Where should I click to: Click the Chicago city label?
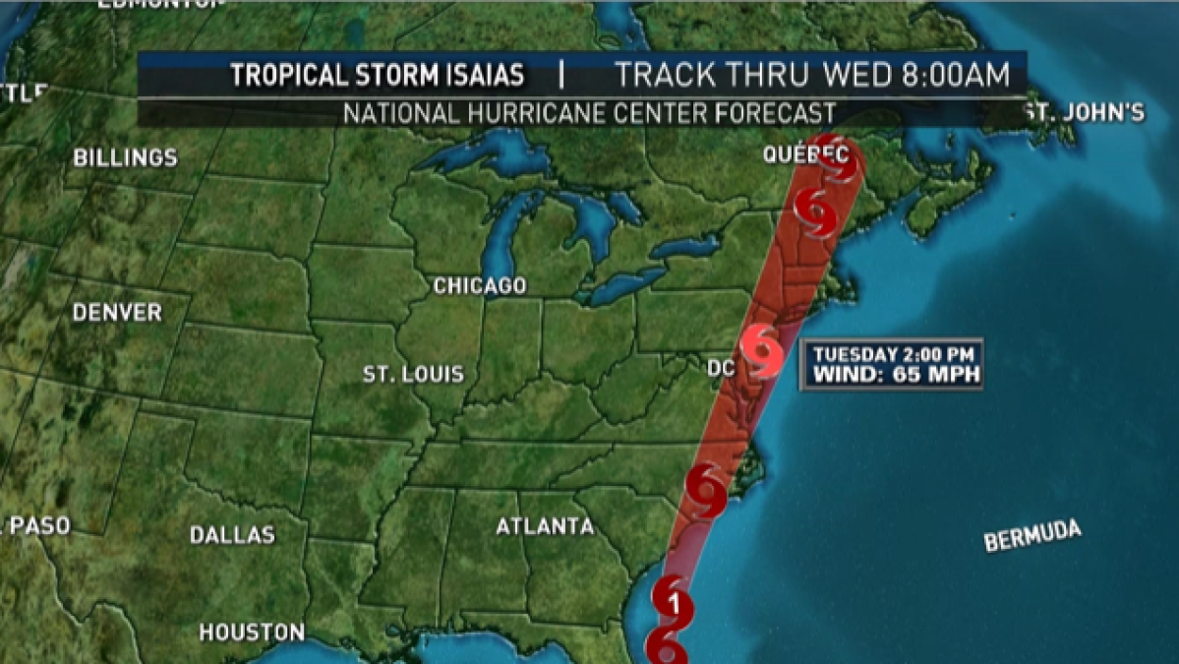tap(480, 286)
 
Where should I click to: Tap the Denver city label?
tap(117, 313)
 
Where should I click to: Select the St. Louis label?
tap(413, 375)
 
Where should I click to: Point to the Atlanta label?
tap(545, 527)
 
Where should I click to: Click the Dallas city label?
tap(232, 535)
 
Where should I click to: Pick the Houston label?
tap(252, 632)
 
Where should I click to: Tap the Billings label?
tap(125, 157)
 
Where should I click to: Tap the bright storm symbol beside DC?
tap(763, 351)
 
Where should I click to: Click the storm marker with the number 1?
tap(673, 603)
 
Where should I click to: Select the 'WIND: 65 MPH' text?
tap(893, 375)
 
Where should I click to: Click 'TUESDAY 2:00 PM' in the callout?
tap(893, 353)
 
